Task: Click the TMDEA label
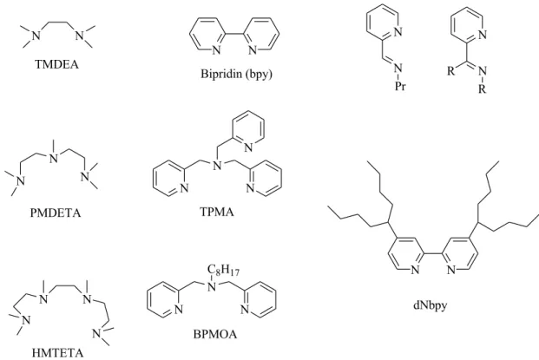tap(56, 64)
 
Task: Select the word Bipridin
tap(221, 74)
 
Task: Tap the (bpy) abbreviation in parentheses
tap(259, 75)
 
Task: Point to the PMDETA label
tap(56, 213)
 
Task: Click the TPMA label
tap(217, 212)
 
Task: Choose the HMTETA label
tap(58, 353)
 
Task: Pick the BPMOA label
tap(215, 334)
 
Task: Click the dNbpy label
tap(430, 305)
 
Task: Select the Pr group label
tap(400, 86)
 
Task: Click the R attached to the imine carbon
tap(450, 71)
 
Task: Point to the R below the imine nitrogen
tap(483, 89)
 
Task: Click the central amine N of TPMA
tap(217, 166)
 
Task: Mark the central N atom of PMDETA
tap(54, 159)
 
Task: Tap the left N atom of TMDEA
tap(36, 35)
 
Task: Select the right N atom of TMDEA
tap(80, 35)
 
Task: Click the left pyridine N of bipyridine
tap(216, 50)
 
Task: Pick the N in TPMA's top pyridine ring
tap(248, 147)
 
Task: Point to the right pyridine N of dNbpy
tap(451, 270)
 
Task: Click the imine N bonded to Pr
tap(398, 68)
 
